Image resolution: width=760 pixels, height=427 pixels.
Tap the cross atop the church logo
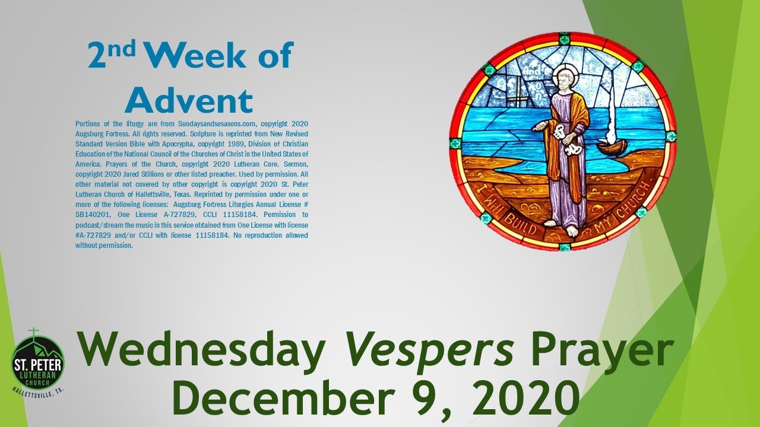coord(34,332)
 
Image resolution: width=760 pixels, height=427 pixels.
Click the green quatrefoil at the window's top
coord(564,39)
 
